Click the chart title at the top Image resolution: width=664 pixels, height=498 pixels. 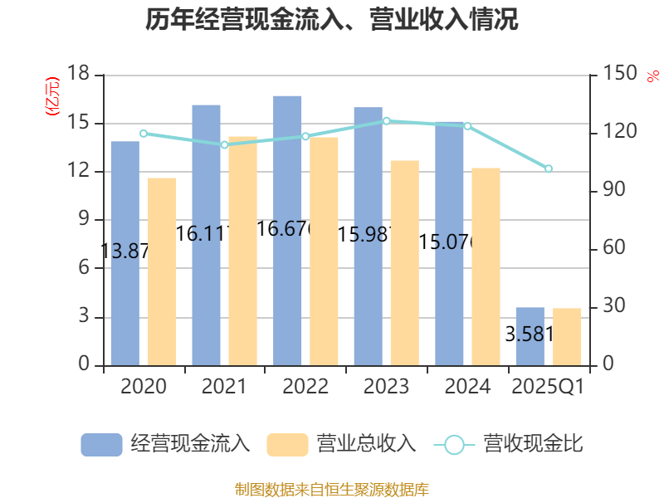coord(332,20)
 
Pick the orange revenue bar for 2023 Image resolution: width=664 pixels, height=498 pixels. coord(405,262)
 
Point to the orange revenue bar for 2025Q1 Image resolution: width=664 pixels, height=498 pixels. coord(568,336)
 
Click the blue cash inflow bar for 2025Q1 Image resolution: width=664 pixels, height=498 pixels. coord(530,336)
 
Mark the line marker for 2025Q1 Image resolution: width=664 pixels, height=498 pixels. coord(549,169)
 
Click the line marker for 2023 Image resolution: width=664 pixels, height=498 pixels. coord(386,121)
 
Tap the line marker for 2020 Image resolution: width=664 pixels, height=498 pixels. coord(143,134)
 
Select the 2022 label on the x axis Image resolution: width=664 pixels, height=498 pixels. coord(305,387)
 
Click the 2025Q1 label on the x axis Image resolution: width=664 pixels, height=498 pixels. coord(548,387)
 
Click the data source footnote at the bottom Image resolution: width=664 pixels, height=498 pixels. coord(332,489)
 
